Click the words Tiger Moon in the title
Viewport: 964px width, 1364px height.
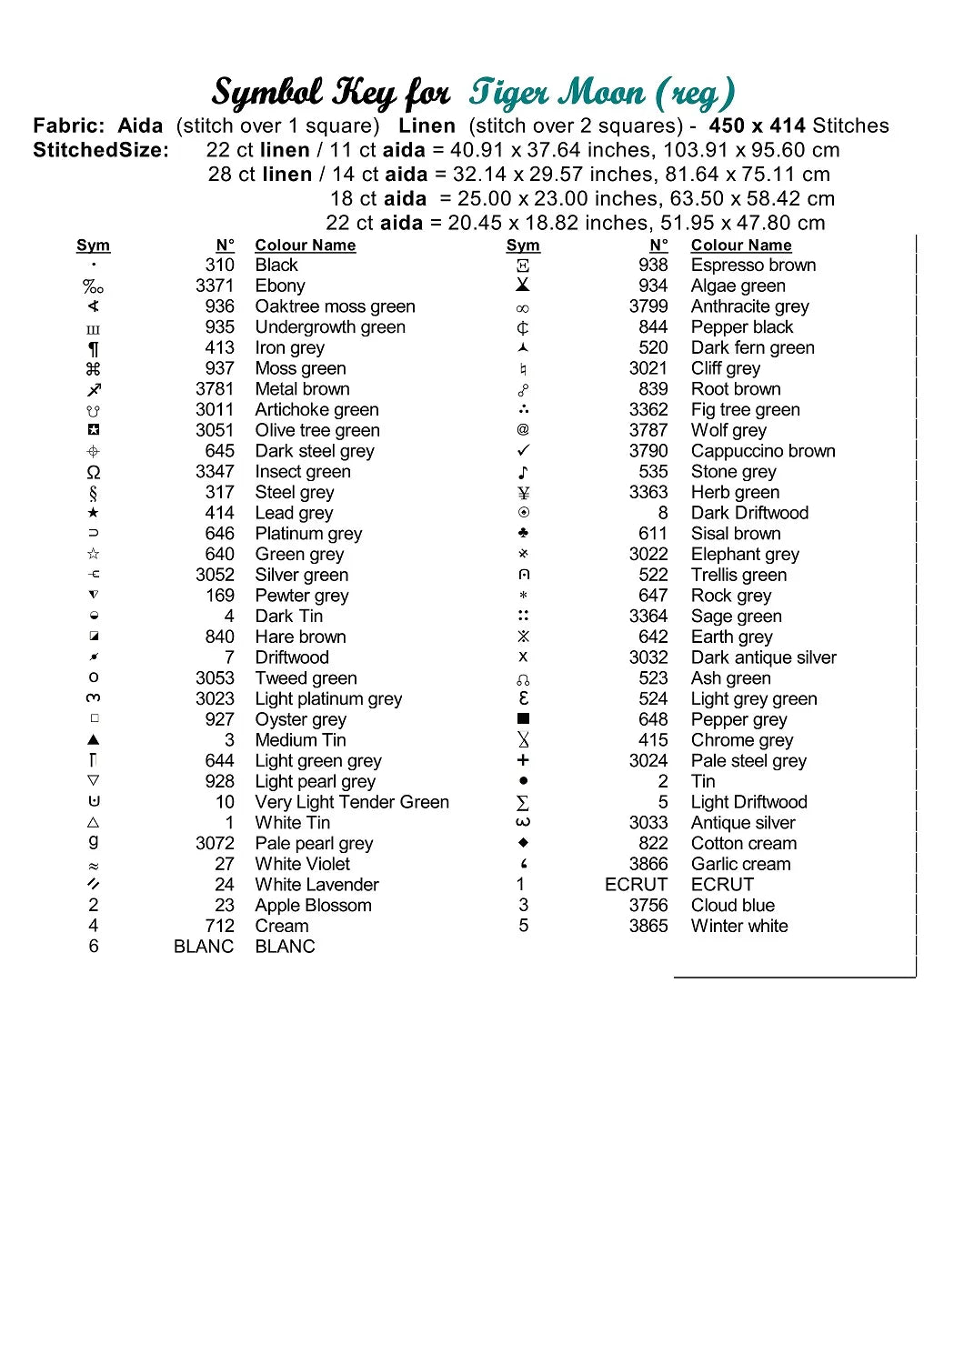point(557,93)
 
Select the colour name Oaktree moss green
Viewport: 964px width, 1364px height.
point(335,306)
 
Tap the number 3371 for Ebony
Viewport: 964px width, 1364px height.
point(215,286)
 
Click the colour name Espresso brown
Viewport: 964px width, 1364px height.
point(753,265)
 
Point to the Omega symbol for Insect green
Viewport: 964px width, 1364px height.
point(94,472)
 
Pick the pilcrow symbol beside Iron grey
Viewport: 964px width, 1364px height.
point(94,348)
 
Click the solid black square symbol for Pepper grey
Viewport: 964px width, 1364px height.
point(523,719)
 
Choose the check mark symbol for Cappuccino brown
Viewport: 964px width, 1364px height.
point(523,451)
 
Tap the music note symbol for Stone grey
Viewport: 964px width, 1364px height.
point(523,472)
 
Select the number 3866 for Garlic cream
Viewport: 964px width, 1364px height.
point(648,864)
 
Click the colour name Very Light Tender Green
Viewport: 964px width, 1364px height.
point(352,802)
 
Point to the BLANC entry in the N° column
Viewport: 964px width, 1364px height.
point(204,947)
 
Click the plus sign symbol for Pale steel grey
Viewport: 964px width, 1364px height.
point(523,760)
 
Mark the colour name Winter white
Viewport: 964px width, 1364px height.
point(739,926)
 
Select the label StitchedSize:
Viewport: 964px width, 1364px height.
point(101,150)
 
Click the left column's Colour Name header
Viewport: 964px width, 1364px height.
point(306,246)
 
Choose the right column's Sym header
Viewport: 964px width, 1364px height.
point(523,246)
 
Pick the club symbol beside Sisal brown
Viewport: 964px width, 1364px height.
point(523,533)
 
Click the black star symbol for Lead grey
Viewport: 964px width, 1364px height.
point(94,513)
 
